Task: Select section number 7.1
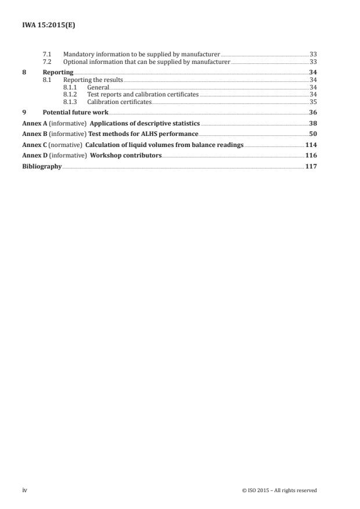(x=48, y=53)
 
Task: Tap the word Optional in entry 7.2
(x=75, y=62)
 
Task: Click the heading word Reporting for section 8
(x=58, y=71)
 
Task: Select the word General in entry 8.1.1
(x=98, y=87)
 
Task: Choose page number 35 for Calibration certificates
(x=313, y=102)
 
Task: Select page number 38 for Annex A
(x=313, y=124)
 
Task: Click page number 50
(x=313, y=134)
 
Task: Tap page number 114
(x=311, y=145)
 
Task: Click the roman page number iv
(x=24, y=490)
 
